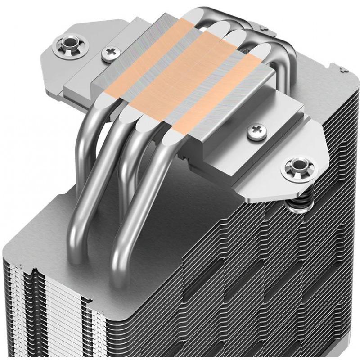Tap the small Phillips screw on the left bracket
109,54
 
